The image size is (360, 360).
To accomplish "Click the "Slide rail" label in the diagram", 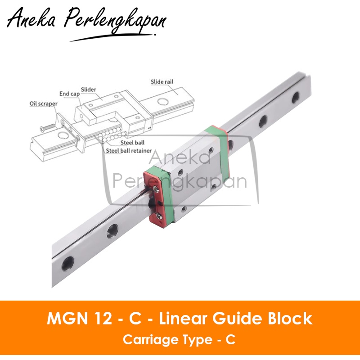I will [162, 82].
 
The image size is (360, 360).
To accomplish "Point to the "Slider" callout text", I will [89, 90].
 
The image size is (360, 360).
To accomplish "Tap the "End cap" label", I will [69, 94].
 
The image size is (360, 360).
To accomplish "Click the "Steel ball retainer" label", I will [129, 151].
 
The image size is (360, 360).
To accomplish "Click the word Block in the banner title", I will [292, 319].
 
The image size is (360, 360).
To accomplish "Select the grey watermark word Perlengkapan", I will [180, 182].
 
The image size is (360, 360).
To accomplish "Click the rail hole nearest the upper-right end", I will [296, 97].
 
